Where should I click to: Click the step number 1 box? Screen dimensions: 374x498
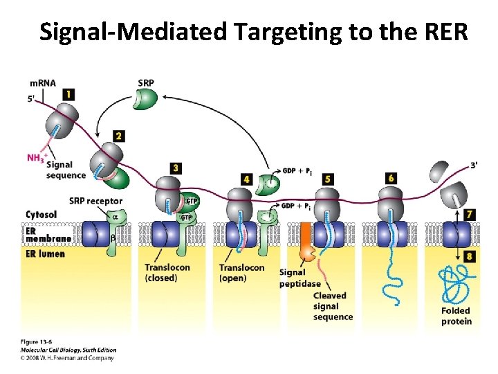[x=68, y=94]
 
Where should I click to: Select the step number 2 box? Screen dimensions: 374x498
[x=119, y=136]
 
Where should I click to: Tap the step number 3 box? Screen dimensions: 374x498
[x=176, y=168]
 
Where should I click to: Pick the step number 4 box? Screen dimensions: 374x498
[x=247, y=179]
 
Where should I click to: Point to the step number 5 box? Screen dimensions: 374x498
[x=328, y=179]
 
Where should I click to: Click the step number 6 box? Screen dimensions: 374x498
[x=391, y=179]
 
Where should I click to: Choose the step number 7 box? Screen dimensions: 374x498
[x=470, y=215]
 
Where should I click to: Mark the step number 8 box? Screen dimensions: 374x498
[x=470, y=256]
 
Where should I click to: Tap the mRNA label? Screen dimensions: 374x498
[x=42, y=84]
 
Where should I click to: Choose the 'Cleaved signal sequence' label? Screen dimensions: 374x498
[x=333, y=306]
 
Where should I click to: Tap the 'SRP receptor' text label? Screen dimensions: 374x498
[x=95, y=201]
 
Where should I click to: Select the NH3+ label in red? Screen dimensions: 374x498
[x=36, y=158]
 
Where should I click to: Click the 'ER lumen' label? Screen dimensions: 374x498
[x=45, y=253]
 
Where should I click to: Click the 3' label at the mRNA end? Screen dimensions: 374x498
[x=473, y=165]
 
